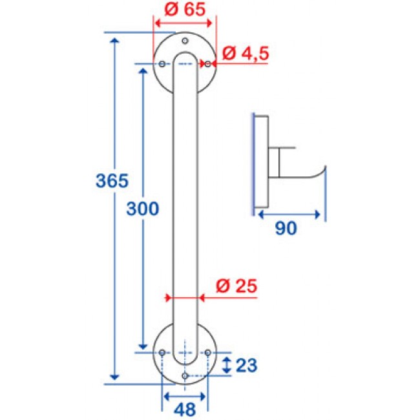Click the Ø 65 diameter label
[x=183, y=10]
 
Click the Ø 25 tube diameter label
[x=236, y=284]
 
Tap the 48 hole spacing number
[x=185, y=408]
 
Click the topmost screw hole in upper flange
[x=185, y=41]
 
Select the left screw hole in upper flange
[x=162, y=63]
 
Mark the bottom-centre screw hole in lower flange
[x=185, y=375]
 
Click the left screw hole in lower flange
[x=162, y=352]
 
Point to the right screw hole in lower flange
[x=208, y=352]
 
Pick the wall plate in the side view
[x=259, y=163]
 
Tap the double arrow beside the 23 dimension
[x=226, y=364]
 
